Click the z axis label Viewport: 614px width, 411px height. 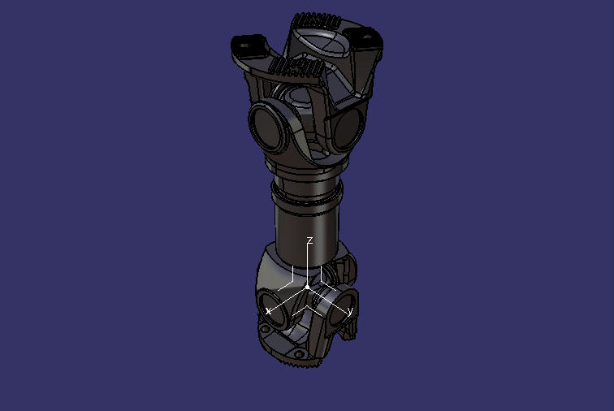[309, 240]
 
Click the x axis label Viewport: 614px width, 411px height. [269, 311]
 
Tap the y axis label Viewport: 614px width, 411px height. [350, 311]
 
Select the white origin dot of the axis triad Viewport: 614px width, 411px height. [307, 288]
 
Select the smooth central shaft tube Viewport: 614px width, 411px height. [307, 223]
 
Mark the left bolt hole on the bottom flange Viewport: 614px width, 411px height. [265, 328]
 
